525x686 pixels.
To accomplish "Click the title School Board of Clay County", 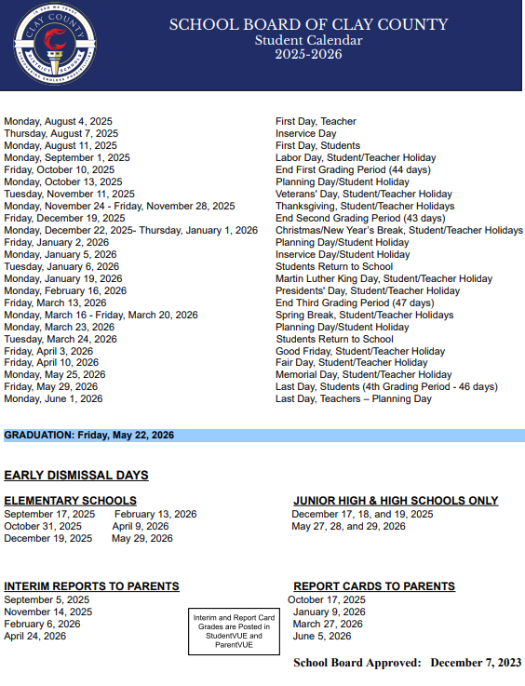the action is pos(308,25).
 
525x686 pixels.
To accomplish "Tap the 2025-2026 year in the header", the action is pos(308,54).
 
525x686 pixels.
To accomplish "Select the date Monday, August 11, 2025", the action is pos(61,145).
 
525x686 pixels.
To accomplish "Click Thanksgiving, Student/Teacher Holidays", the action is pos(365,206).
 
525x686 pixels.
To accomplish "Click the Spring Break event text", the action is pos(365,315).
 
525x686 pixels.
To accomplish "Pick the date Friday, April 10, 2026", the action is pos(51,363).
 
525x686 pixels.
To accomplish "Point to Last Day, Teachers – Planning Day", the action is pos(354,399).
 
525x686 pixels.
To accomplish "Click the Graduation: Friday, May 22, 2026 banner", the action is pos(88,435).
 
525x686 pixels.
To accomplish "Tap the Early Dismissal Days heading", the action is pos(76,476).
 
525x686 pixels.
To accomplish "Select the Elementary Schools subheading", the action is pos(70,501).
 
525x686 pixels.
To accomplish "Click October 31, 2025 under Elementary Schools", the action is pos(43,526).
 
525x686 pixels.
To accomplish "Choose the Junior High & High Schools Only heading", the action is pos(396,501).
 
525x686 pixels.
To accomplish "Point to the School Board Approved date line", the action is pos(407,663).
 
